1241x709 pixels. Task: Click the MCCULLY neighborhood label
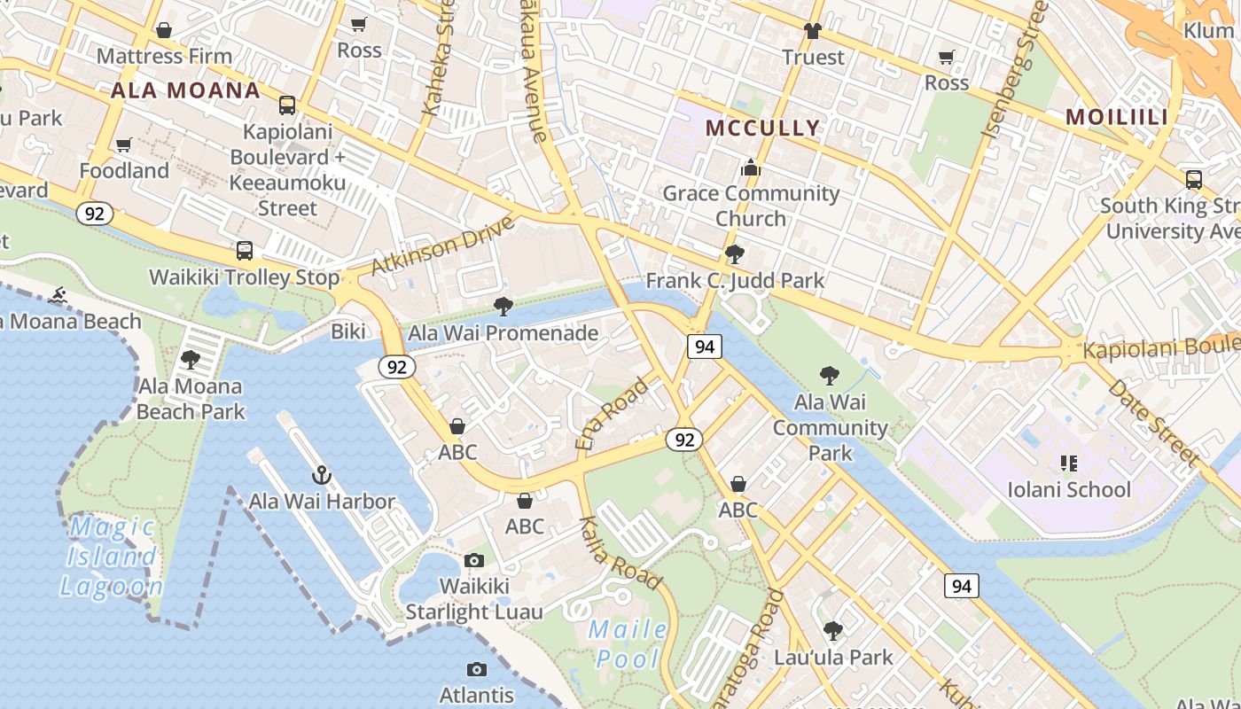[762, 128]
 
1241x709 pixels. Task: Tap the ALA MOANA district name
[185, 90]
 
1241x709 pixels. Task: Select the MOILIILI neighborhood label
[1116, 117]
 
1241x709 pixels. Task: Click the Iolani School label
[1068, 489]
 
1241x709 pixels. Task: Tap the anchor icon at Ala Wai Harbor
[322, 476]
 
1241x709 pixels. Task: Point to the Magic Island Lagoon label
[112, 557]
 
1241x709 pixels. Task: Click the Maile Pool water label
[628, 643]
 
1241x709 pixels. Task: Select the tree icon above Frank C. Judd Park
[734, 255]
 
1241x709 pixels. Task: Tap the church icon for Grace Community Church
[751, 168]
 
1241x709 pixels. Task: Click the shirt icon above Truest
[812, 32]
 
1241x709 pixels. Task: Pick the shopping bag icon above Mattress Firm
[164, 31]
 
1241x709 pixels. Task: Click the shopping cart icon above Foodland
[124, 144]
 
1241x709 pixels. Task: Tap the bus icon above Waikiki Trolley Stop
[245, 251]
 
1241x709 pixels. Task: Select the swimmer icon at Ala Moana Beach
[59, 295]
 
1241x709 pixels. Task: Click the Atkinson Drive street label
[443, 245]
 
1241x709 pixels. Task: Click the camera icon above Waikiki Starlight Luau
[474, 560]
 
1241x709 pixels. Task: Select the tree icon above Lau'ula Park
[832, 631]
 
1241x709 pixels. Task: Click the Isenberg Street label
[1014, 69]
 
